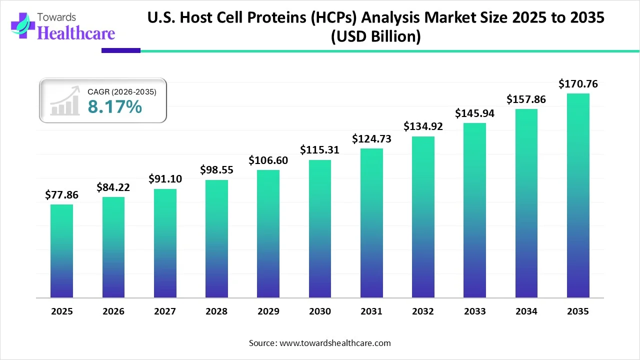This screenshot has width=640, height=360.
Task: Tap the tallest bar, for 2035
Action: point(578,195)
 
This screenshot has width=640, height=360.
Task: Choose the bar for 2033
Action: point(474,210)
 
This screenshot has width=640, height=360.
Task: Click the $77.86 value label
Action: point(61,195)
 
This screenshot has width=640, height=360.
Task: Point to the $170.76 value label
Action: point(578,84)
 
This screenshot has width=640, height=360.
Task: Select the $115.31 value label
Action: point(319,150)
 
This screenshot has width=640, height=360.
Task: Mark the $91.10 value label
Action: point(165,179)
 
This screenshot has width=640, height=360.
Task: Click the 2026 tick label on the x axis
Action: point(113,311)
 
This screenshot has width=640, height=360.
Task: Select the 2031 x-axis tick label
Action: point(371,311)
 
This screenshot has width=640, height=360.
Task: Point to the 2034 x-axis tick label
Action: point(526,311)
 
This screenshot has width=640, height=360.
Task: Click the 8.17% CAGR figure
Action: point(114,106)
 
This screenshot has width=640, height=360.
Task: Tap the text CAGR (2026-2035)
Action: point(122,92)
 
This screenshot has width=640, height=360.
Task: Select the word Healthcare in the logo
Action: point(76,33)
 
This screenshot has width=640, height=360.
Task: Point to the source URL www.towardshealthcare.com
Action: point(334,343)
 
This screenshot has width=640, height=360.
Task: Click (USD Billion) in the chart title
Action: point(375,36)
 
